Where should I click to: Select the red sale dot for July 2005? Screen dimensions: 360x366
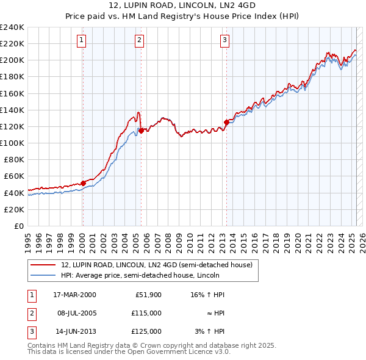[x=141, y=131]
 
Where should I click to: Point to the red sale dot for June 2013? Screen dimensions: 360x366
[x=226, y=122]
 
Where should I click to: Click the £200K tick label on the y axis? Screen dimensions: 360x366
[x=12, y=60]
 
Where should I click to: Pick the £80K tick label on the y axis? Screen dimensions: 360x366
[x=14, y=160]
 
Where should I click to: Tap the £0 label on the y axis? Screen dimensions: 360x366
[x=20, y=226]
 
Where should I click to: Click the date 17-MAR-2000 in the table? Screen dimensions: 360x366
[x=74, y=295]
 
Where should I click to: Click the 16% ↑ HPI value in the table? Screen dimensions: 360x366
[x=207, y=295]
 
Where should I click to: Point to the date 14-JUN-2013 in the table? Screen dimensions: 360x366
[x=75, y=331]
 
